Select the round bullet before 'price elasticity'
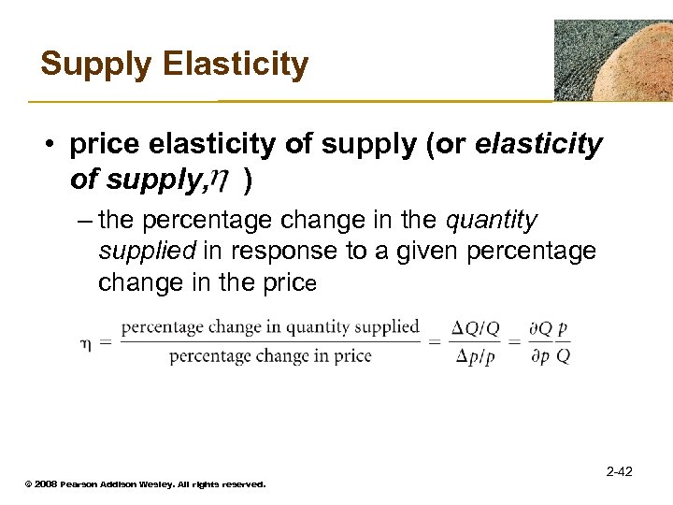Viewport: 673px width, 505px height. tap(51, 147)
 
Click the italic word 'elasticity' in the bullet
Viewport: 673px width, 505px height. tap(539, 146)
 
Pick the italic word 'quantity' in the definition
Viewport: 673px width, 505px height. tap(493, 221)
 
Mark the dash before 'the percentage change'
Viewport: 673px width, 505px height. tap(82, 222)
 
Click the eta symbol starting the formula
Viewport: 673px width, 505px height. tap(83, 342)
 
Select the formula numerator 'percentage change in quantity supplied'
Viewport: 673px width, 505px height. tap(270, 326)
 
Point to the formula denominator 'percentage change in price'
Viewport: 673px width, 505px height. tap(270, 355)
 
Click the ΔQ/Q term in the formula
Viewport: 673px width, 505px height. tap(476, 328)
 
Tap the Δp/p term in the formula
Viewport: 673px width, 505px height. tap(476, 356)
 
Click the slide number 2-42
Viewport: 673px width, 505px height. tap(619, 472)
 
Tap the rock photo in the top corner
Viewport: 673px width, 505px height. tap(612, 60)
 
